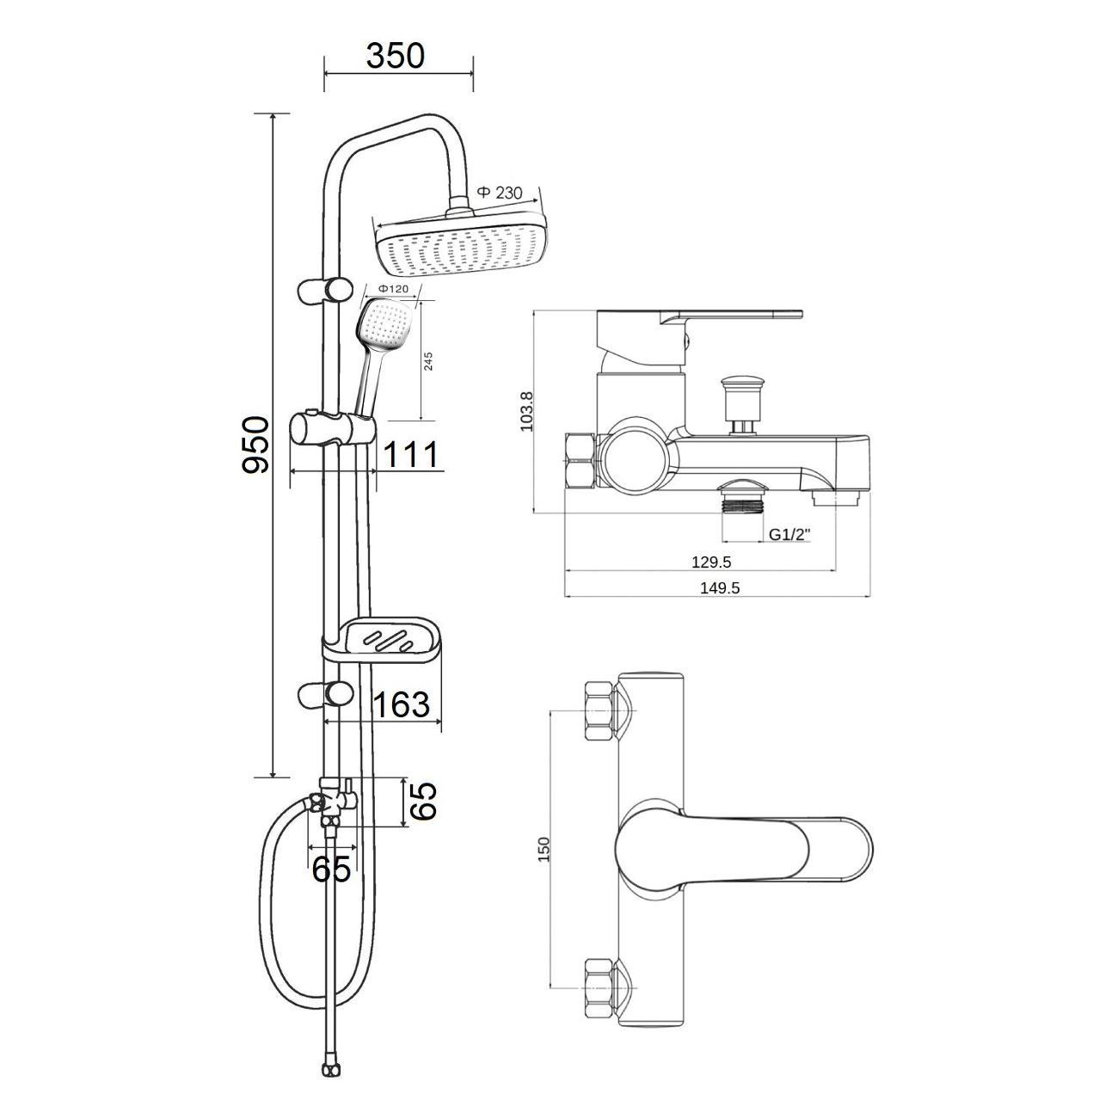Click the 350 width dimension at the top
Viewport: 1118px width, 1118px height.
pos(395,56)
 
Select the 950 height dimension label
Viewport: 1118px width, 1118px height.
pos(255,445)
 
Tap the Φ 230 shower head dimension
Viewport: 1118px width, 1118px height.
pos(500,192)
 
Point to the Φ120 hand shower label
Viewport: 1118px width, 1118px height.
pos(393,288)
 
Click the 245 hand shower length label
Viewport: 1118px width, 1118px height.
pos(428,361)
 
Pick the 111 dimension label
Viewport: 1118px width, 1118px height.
pos(410,454)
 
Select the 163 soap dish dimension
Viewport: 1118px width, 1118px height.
pos(401,704)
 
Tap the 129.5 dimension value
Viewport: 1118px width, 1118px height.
pos(712,562)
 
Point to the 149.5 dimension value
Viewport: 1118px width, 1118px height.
pos(720,587)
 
